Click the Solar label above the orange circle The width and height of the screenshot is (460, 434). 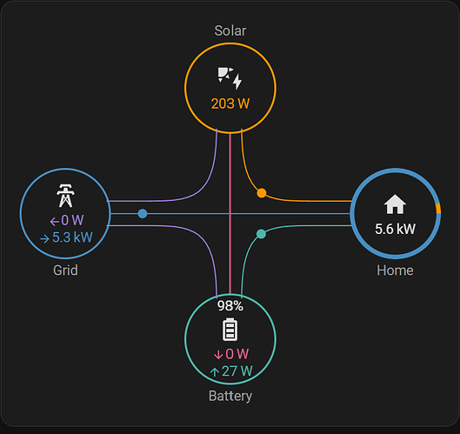tap(230, 30)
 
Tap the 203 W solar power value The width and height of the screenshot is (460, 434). tap(230, 103)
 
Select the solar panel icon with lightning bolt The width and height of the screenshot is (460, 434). tap(230, 78)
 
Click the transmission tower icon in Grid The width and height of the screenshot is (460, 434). tap(65, 196)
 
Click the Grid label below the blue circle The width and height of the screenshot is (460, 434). tap(65, 270)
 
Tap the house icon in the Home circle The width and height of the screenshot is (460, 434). tap(395, 204)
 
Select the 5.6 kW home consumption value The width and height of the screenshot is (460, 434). tap(395, 229)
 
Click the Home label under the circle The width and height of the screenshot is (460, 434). tap(395, 270)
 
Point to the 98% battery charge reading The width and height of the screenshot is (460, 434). tap(230, 306)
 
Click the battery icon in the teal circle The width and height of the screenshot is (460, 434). tap(230, 330)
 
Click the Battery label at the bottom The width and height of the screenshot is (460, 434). tap(230, 396)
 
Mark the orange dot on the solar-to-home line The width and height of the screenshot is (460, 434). tap(262, 193)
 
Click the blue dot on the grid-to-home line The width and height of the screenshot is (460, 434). tap(143, 214)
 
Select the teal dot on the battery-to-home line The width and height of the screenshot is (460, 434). tap(261, 234)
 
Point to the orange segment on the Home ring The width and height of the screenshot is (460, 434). tap(438, 209)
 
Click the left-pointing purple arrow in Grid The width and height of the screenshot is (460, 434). tap(55, 222)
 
